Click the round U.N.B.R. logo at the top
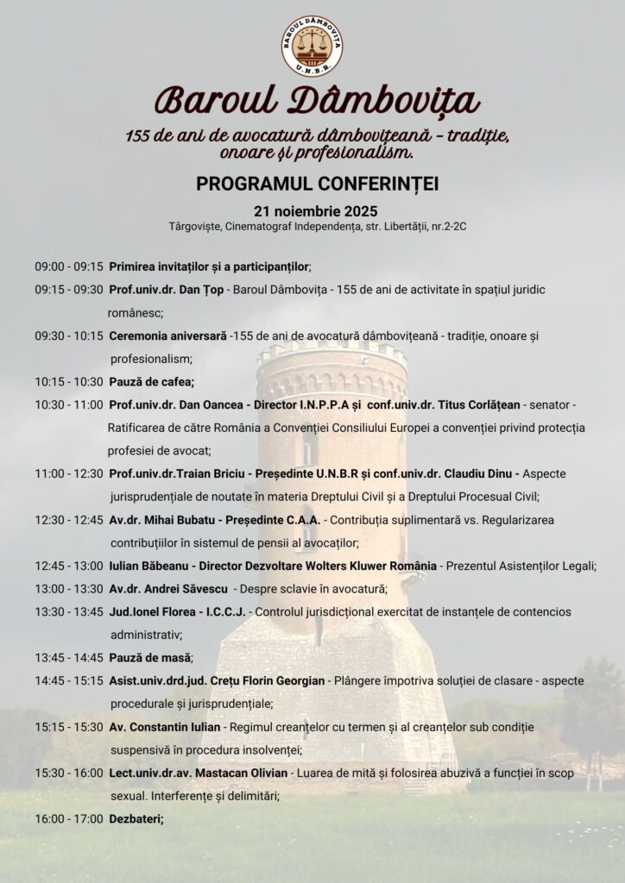click(x=312, y=47)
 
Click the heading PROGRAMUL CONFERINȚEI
click(x=312, y=184)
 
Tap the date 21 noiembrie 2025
click(x=315, y=211)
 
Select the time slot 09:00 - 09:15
click(x=69, y=266)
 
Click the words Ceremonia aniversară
click(x=167, y=335)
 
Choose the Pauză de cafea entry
click(x=151, y=381)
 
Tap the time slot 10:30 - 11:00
click(x=69, y=404)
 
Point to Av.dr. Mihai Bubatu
click(x=161, y=520)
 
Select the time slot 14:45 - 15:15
click(x=69, y=680)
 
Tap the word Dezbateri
click(x=136, y=818)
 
